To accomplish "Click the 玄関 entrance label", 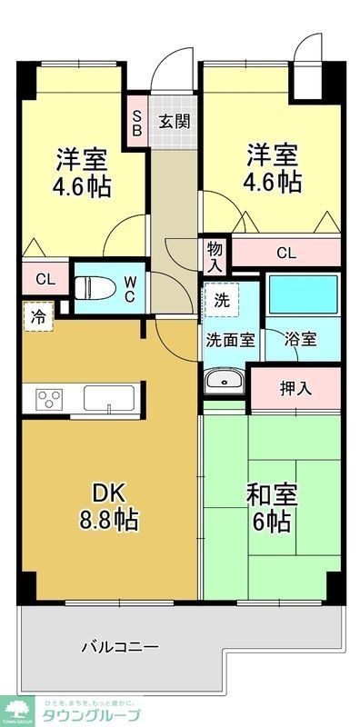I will click(x=175, y=121).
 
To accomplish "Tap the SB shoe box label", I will click(x=137, y=121).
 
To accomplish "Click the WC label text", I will click(x=130, y=289).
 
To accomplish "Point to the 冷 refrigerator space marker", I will click(x=39, y=317).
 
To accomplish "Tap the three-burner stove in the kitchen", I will click(x=48, y=399).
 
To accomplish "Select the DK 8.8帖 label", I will click(x=115, y=506).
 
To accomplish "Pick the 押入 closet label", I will click(x=295, y=388).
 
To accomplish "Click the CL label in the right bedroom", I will click(x=286, y=254).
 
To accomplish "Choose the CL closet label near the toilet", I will click(x=45, y=279).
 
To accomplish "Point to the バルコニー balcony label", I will click(x=119, y=647).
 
